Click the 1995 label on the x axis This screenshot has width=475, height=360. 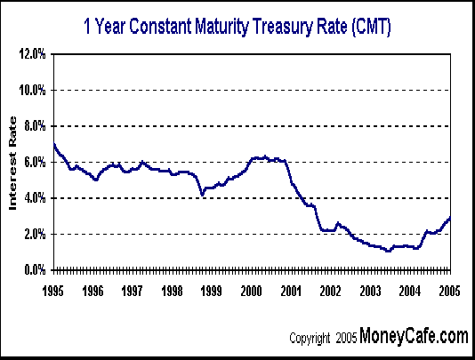click(x=53, y=290)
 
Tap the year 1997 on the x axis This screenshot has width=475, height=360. click(x=133, y=290)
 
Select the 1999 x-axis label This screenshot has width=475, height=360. click(x=212, y=290)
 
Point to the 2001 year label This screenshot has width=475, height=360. click(x=291, y=290)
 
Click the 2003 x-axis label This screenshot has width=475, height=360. click(x=370, y=290)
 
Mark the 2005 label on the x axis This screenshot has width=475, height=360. click(x=448, y=290)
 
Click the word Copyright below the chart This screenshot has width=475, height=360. click(x=311, y=339)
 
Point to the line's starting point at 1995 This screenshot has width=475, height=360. click(x=54, y=145)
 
